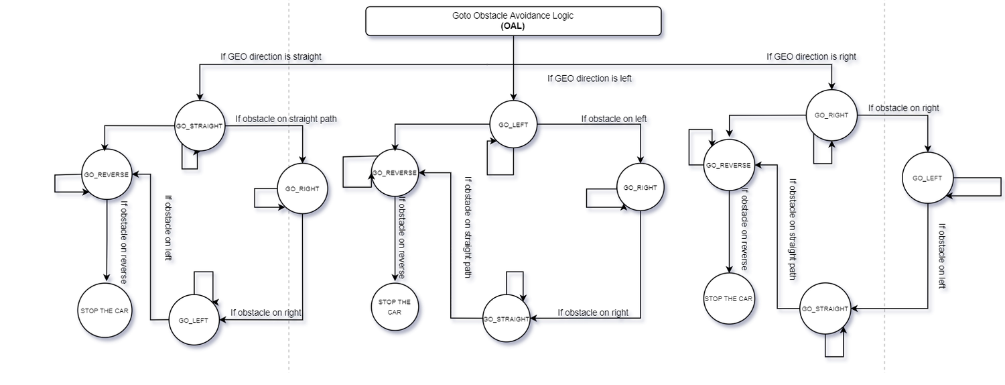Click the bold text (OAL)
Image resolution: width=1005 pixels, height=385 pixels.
tap(513, 26)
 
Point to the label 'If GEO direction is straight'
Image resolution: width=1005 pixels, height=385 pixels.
tap(271, 56)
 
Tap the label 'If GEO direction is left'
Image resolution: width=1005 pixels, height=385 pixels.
tap(589, 78)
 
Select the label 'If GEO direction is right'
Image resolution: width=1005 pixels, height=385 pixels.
tap(811, 56)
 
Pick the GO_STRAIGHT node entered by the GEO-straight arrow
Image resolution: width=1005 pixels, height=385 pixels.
tap(200, 126)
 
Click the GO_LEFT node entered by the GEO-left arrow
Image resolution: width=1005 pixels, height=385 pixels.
tap(513, 125)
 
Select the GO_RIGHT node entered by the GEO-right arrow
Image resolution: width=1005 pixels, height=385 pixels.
tap(831, 115)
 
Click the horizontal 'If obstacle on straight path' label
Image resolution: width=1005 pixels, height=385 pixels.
tap(286, 119)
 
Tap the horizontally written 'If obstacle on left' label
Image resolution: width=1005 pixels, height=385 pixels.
tap(614, 119)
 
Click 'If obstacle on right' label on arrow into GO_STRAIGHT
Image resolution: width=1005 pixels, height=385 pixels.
tap(593, 313)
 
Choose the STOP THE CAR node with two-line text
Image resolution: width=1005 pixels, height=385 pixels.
tap(395, 307)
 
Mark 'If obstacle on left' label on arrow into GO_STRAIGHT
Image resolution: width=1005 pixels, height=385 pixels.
tap(942, 256)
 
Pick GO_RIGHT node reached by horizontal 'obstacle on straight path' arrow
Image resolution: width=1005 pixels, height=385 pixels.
tap(302, 188)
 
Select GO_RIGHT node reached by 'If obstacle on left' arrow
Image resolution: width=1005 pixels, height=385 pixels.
tap(641, 187)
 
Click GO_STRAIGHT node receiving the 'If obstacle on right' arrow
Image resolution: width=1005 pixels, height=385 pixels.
tap(506, 319)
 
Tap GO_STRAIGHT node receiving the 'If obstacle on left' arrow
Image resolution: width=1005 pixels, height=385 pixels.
tap(825, 309)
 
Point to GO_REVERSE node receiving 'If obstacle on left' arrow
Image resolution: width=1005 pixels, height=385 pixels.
tap(107, 174)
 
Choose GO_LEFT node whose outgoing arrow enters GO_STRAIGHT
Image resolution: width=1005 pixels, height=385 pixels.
tap(927, 178)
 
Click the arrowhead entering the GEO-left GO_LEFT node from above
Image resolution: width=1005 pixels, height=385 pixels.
tap(513, 97)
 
